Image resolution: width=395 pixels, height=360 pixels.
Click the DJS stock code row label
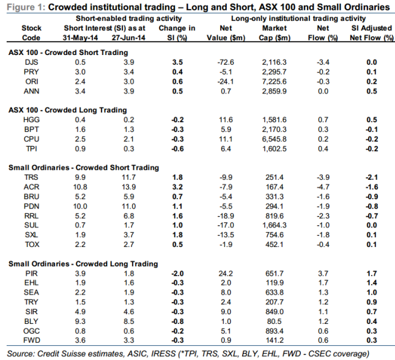pyautogui.click(x=31, y=62)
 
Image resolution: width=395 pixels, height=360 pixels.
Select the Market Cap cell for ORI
pyautogui.click(x=275, y=81)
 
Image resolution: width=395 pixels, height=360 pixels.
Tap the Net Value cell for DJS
pyautogui.click(x=226, y=62)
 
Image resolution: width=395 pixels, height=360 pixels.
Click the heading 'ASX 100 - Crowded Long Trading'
pyautogui.click(x=67, y=110)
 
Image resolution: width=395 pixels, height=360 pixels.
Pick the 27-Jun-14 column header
pyautogui.click(x=128, y=38)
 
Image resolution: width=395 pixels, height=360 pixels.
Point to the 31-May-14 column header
pyautogui.click(x=80, y=38)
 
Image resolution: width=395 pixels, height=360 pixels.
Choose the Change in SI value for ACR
pyautogui.click(x=177, y=187)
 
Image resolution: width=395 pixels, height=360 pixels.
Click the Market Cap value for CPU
pyautogui.click(x=275, y=139)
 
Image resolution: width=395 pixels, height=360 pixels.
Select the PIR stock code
pyautogui.click(x=31, y=273)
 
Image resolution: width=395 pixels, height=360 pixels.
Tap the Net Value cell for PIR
pyautogui.click(x=226, y=273)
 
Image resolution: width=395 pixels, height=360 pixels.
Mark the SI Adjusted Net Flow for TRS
pyautogui.click(x=372, y=177)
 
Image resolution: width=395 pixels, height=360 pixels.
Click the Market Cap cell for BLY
pyautogui.click(x=275, y=321)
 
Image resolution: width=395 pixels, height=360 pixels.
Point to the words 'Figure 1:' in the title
pyautogui.click(x=26, y=7)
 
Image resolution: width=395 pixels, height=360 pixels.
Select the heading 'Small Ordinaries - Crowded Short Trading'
pyautogui.click(x=84, y=167)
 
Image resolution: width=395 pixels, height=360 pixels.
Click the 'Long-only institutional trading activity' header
pyautogui.click(x=298, y=18)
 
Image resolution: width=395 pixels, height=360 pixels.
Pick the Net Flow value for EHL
pyautogui.click(x=323, y=283)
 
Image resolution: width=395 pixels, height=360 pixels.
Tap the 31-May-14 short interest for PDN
pyautogui.click(x=80, y=207)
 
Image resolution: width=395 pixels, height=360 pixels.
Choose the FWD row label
pyautogui.click(x=31, y=340)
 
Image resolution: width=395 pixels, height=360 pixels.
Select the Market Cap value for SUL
pyautogui.click(x=275, y=225)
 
